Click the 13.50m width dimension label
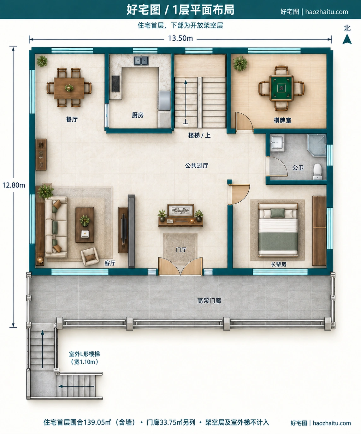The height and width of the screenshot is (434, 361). pos(180,39)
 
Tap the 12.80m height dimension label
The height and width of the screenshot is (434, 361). pos(14,185)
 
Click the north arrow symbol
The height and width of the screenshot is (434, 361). pos(347,39)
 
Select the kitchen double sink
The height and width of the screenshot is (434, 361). pos(141,61)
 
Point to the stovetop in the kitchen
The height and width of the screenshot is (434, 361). pos(115,84)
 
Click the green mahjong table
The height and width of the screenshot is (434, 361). pos(281,88)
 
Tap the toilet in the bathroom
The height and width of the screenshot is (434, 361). pos(317,171)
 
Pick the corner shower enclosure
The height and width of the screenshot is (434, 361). pos(317,145)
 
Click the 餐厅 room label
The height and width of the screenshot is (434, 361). pos(72,119)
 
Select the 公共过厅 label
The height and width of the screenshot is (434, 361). pos(197,166)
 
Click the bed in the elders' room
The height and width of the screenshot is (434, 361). pos(278,230)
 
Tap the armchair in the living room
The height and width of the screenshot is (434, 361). pos(90,257)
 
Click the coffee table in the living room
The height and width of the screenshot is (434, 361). pos(85,225)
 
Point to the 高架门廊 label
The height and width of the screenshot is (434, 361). pos(209,301)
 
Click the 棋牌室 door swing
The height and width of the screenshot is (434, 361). pos(244,122)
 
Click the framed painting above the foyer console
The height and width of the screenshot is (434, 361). pos(180,211)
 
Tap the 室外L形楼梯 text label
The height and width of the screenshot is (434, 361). pos(84,354)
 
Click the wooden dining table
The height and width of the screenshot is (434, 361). pos(69,88)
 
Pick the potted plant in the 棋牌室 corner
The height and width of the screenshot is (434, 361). pos(240,63)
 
